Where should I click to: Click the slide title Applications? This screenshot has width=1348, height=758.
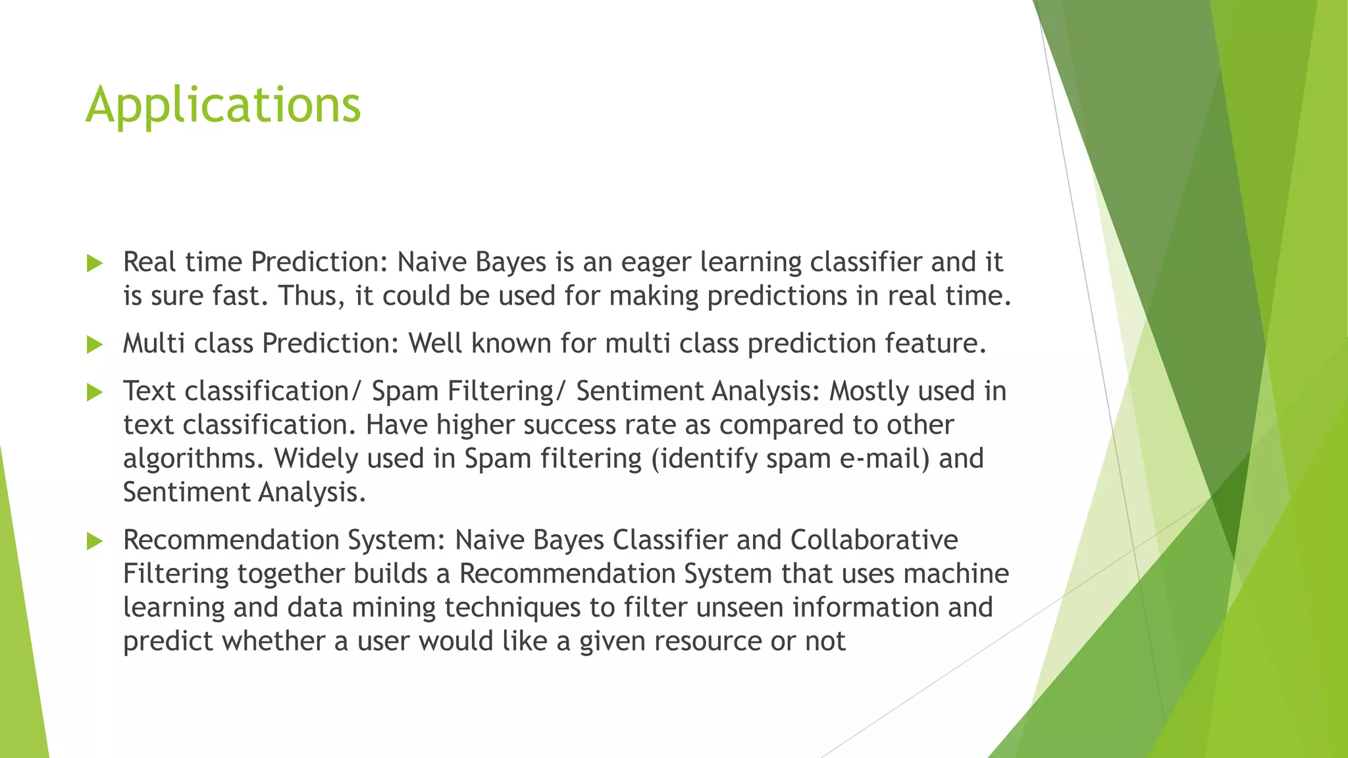point(223,105)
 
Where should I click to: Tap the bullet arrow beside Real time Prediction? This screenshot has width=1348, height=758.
point(95,264)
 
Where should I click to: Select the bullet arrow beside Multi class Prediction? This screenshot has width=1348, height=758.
point(95,345)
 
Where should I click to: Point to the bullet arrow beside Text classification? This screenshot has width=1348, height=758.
point(95,393)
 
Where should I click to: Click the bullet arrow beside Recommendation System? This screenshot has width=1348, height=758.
point(95,542)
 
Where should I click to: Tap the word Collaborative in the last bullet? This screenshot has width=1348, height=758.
point(874,540)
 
